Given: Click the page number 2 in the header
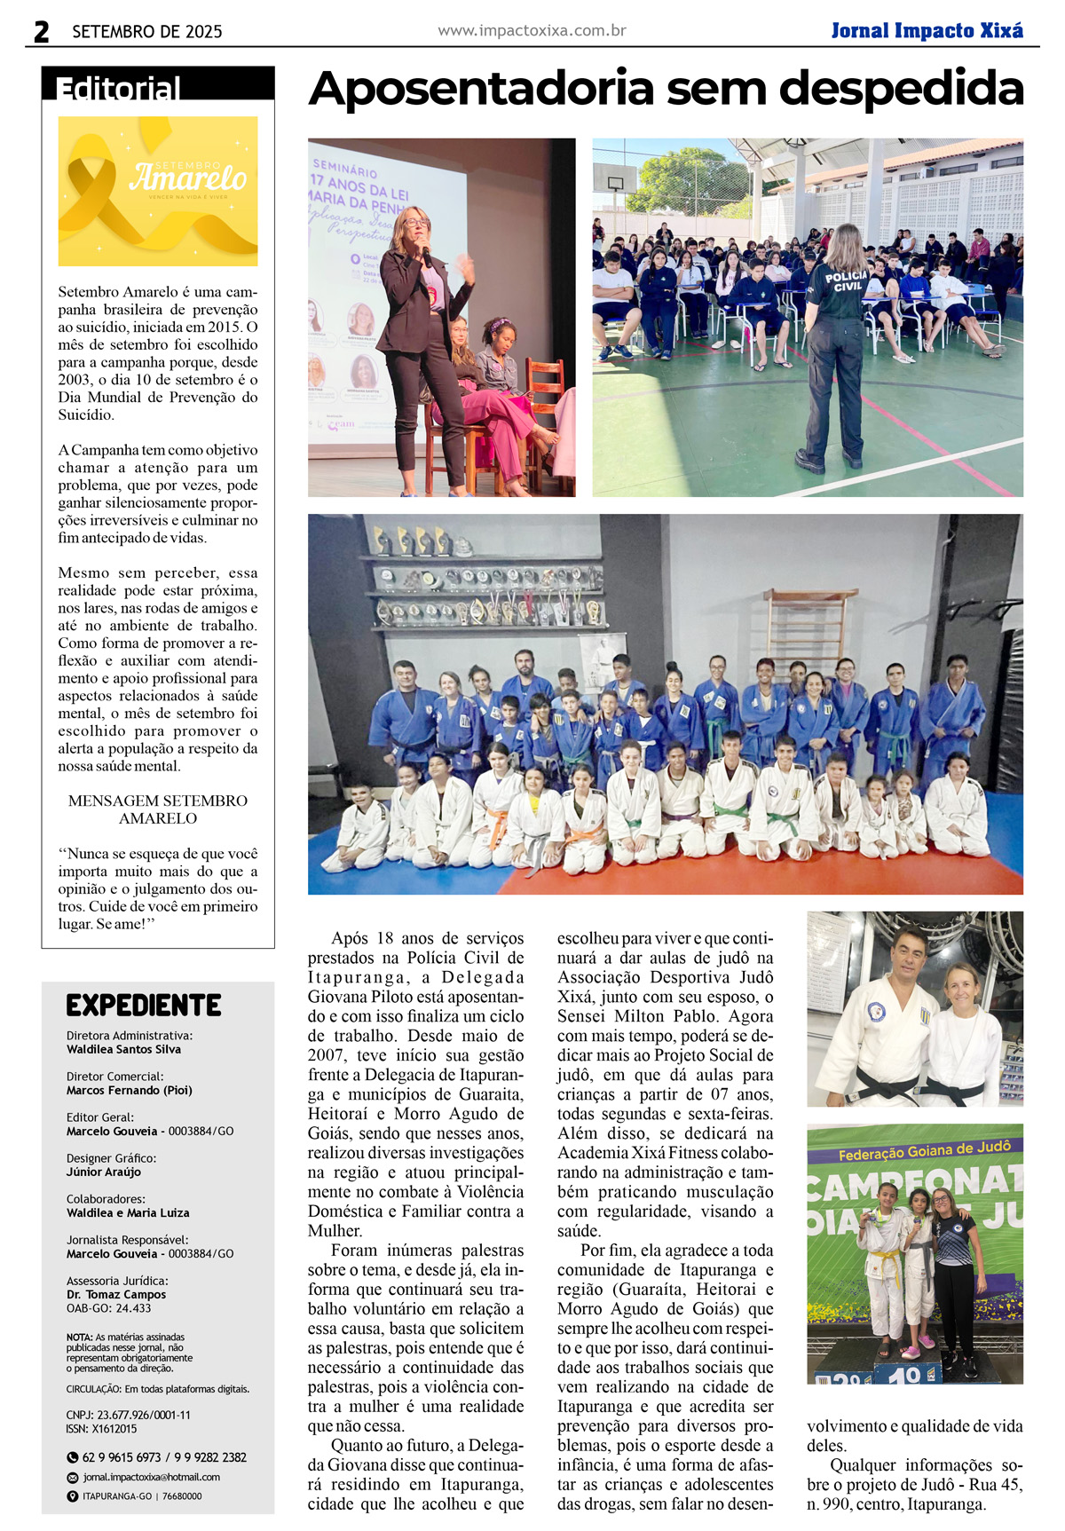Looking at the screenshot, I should [41, 32].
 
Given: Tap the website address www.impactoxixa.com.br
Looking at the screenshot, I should [532, 31].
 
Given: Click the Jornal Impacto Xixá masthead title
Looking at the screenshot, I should [927, 31].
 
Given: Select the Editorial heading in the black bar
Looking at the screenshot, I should [118, 88].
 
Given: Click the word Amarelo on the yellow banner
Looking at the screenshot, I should [188, 178].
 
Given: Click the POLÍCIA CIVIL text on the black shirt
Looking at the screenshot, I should [846, 280].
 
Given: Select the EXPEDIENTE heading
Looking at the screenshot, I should [144, 1006].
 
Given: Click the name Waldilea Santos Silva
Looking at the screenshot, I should [123, 1049].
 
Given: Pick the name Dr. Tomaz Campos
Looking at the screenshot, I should [116, 1294].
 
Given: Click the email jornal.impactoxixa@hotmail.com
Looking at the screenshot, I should [151, 1477].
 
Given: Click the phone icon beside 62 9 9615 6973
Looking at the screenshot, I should [73, 1457].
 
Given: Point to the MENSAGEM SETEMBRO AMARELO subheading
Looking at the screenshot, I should [158, 809].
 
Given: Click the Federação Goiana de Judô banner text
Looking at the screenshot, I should [924, 1151].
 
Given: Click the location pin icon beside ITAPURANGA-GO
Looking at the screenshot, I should [73, 1496].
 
